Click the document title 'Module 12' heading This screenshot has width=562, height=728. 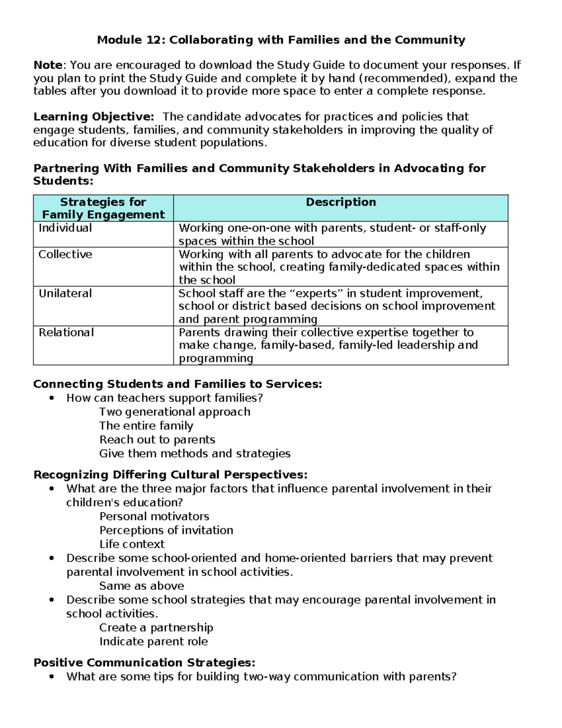point(281,40)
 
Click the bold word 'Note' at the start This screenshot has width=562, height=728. point(48,65)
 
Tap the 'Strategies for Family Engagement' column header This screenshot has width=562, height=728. point(103,208)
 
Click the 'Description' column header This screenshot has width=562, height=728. point(340,202)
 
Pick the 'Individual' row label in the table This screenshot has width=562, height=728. point(65,228)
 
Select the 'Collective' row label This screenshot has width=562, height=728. point(65,255)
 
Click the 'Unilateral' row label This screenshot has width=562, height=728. point(65,293)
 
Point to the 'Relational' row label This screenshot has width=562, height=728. point(66,332)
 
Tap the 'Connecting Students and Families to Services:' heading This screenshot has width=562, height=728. point(177,384)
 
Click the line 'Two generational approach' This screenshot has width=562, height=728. point(175,412)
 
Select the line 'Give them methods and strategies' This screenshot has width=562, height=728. point(195,454)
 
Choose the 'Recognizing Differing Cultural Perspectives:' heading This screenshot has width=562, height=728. point(170,475)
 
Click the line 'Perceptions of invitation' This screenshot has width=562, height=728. point(166,530)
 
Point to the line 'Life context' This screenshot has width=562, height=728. point(132,544)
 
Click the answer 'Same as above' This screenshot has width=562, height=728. point(141,586)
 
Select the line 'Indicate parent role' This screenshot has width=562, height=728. point(154,642)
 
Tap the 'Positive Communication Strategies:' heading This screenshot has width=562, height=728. point(144,663)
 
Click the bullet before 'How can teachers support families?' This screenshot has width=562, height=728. point(52,398)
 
